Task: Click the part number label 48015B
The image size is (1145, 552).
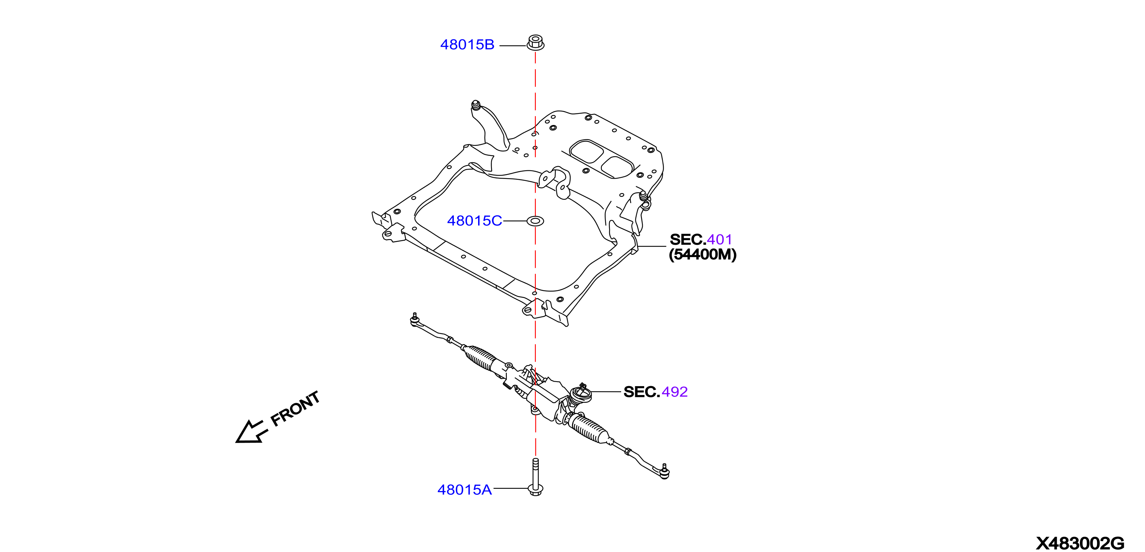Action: [x=467, y=45]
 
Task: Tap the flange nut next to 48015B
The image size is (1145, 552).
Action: [x=535, y=43]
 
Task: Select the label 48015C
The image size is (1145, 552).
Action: [x=474, y=221]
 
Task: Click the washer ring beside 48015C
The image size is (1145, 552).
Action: [x=535, y=221]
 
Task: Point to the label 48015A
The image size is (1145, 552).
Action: [x=464, y=490]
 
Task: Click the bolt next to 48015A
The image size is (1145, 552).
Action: [x=535, y=477]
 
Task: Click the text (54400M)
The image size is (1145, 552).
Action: [x=703, y=254]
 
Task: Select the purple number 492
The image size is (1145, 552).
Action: [x=675, y=392]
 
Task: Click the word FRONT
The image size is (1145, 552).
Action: [x=295, y=409]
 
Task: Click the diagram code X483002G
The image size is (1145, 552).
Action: [x=1080, y=543]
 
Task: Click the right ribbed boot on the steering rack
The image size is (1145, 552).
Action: [x=589, y=429]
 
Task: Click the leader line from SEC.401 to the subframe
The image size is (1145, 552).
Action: [x=652, y=247]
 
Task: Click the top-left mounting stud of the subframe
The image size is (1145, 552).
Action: [x=476, y=106]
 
